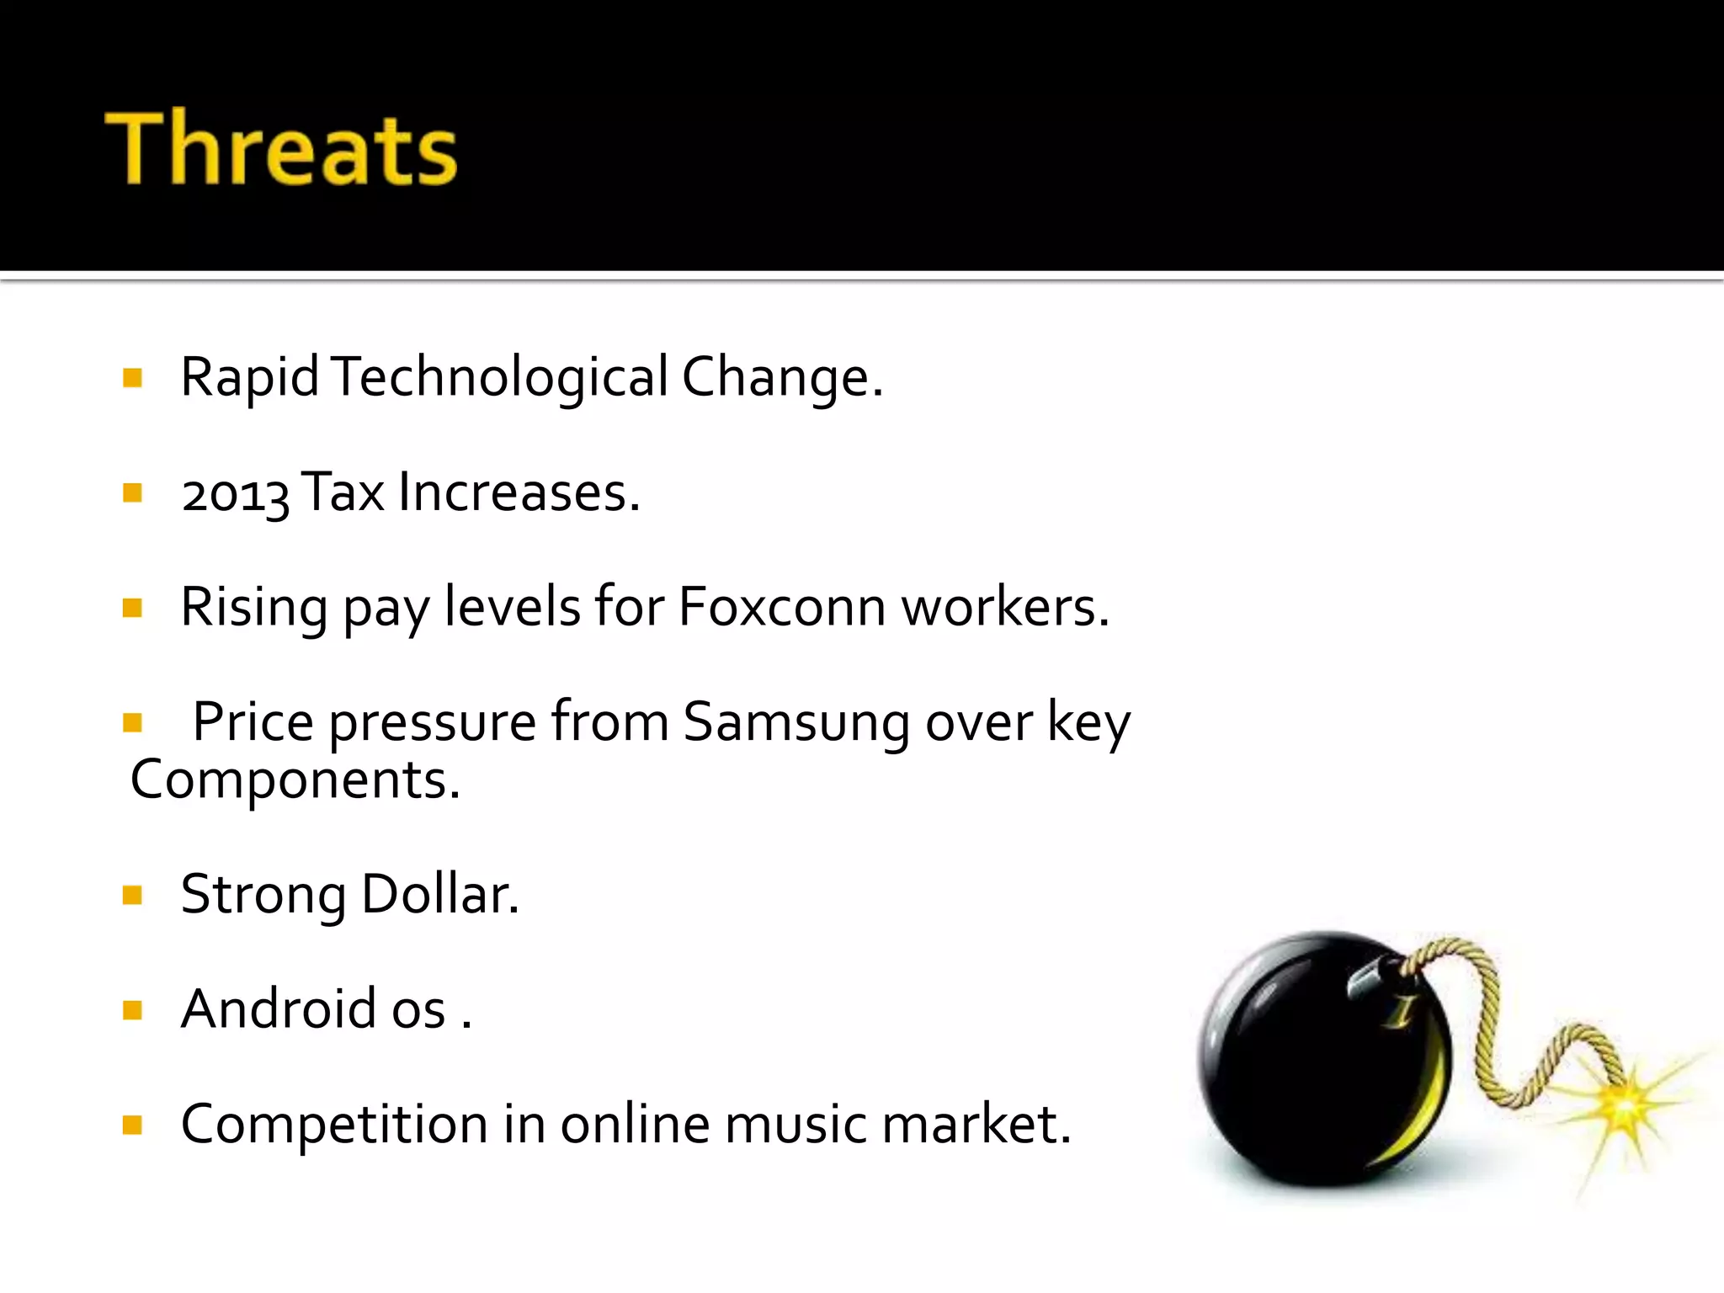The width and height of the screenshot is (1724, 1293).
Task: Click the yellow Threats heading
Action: click(x=281, y=148)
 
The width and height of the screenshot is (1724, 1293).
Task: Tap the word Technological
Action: click(x=500, y=377)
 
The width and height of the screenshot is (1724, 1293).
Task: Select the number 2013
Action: click(x=235, y=493)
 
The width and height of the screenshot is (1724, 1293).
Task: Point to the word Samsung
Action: click(x=796, y=722)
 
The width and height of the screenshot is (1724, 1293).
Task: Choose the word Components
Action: click(x=294, y=780)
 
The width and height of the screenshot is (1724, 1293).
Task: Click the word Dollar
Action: click(x=439, y=894)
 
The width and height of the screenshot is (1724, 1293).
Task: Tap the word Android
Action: click(x=278, y=1008)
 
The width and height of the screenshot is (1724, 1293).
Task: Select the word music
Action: click(x=795, y=1124)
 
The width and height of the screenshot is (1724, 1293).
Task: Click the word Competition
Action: click(x=334, y=1124)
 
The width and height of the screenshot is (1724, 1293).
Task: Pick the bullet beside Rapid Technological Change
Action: click(x=132, y=377)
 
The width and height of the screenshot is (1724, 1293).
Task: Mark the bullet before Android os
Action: click(x=132, y=1009)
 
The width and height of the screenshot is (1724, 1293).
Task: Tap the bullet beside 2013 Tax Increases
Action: click(x=132, y=492)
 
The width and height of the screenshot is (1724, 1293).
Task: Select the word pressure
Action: click(x=432, y=722)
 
